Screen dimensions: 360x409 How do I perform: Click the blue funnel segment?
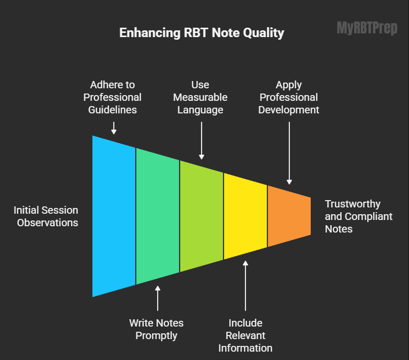tap(114, 216)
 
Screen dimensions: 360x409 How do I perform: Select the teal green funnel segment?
tap(158, 216)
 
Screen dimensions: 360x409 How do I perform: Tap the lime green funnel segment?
tap(202, 216)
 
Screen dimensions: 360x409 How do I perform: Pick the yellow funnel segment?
tap(246, 216)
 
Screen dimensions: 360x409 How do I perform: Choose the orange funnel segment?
tap(289, 216)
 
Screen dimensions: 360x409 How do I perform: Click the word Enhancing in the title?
tap(149, 33)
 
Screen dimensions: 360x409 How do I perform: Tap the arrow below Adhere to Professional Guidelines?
tap(114, 128)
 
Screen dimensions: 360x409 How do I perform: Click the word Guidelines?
tap(113, 110)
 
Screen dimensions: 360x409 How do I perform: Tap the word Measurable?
tap(200, 97)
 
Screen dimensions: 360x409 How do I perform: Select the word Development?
tap(289, 110)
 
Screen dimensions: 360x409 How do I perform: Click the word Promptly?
tap(156, 335)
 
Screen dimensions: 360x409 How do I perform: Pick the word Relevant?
tap(245, 335)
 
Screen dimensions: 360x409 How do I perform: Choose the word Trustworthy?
tap(353, 204)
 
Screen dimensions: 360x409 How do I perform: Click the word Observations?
tap(48, 223)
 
